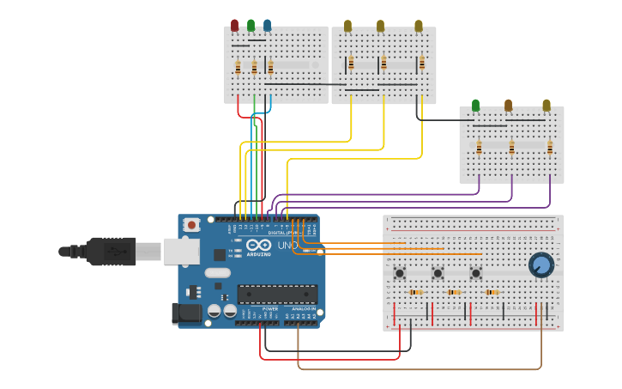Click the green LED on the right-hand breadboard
point(475,105)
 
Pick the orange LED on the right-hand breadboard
point(508,105)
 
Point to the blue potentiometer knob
point(540,264)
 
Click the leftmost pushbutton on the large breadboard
point(400,273)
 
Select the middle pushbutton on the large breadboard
point(438,273)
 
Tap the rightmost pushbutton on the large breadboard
point(475,273)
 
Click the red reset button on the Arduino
point(191,225)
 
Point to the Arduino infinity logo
point(258,244)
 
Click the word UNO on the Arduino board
point(288,246)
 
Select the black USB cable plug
point(110,252)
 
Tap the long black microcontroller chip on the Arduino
point(277,295)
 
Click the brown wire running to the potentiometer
point(420,369)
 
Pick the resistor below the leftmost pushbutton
point(416,292)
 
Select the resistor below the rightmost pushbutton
point(492,292)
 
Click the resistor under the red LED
point(238,67)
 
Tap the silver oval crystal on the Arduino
point(218,273)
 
